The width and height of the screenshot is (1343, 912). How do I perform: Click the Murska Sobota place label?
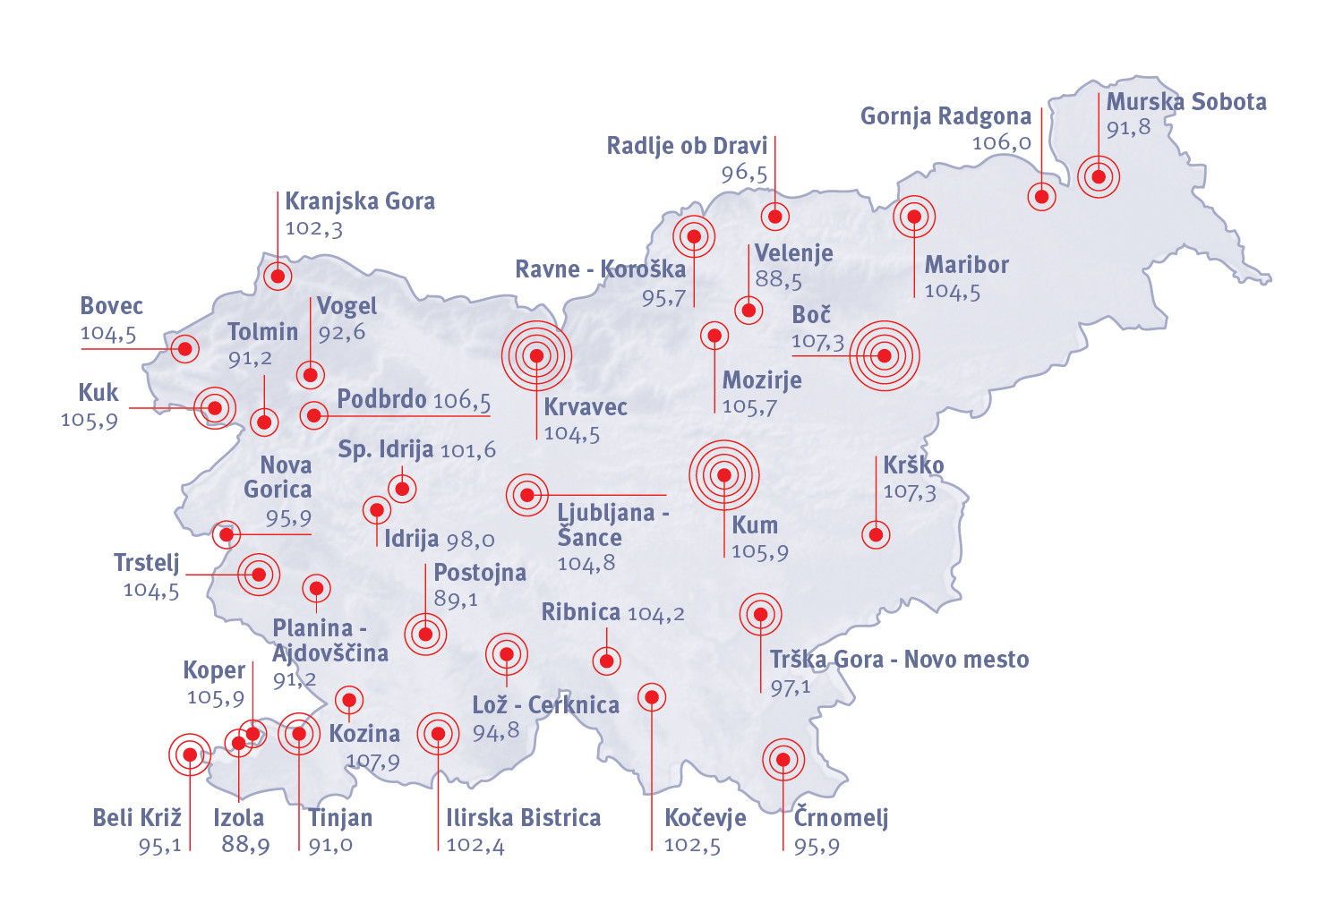1186,102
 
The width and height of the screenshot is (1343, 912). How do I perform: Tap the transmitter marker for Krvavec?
536,355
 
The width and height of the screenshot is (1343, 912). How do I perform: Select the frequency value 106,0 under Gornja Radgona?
1001,142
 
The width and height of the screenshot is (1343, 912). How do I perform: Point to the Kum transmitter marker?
724,475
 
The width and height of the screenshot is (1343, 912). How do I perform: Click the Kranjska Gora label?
360,201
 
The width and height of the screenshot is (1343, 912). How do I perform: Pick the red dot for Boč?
885,355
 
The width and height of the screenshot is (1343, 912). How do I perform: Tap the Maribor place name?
966,265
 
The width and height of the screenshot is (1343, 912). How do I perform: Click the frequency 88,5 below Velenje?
778,279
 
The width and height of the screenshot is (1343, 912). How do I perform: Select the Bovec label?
112,306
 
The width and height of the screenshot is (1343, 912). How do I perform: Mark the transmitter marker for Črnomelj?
783,760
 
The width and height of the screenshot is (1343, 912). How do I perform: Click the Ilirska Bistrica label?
523,818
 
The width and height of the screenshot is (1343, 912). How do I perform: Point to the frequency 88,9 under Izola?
245,844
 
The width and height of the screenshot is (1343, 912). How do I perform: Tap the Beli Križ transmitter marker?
190,754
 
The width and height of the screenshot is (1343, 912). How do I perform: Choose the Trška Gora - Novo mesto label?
899,660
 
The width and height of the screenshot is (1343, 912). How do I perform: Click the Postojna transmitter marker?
425,635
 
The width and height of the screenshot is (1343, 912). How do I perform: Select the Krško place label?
913,465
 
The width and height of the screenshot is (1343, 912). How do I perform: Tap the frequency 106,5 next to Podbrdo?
461,401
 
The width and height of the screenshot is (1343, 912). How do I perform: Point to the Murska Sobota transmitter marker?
1099,176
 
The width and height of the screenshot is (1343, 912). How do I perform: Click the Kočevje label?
706,818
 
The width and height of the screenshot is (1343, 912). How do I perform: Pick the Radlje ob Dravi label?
687,146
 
